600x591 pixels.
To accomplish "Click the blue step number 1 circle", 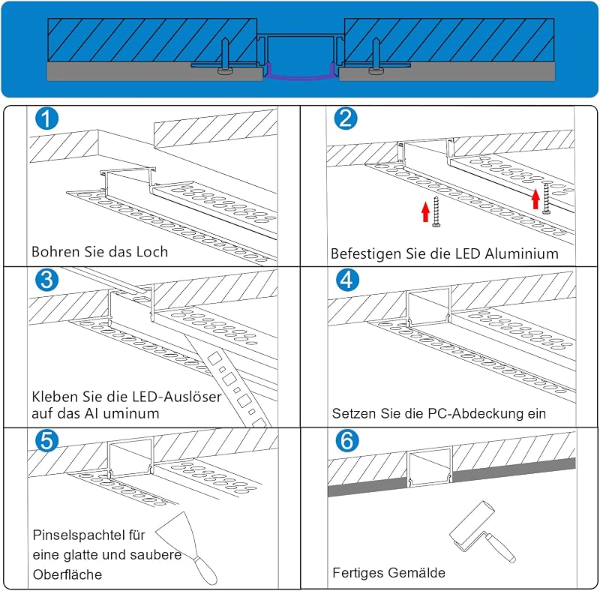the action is tap(46, 118).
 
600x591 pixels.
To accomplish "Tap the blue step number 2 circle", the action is tap(346, 118).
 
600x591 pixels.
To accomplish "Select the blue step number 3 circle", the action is tap(46, 280).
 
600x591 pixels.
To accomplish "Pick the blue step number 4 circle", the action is tap(347, 280).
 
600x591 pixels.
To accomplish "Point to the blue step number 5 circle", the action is tap(46, 440).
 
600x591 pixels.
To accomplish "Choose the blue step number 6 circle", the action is tap(347, 440).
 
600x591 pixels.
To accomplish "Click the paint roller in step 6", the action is tap(481, 532).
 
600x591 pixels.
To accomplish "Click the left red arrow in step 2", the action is tap(425, 212).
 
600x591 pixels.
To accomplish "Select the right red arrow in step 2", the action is tap(535, 199).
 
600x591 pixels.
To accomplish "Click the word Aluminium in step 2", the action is tap(521, 253).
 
